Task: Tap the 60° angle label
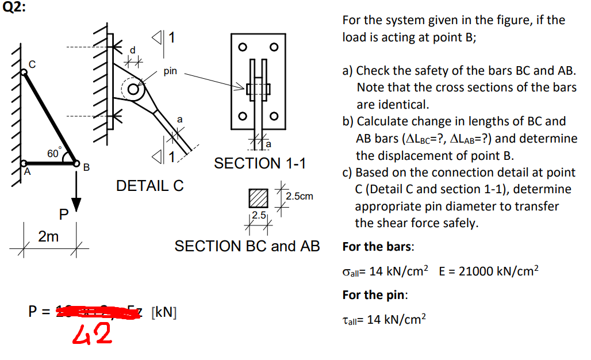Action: coord(53,152)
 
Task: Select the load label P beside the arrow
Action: coord(64,215)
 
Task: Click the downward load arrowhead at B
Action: coord(76,205)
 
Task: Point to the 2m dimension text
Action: coord(48,236)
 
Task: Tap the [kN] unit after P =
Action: coord(163,313)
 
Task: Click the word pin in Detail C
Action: coord(170,72)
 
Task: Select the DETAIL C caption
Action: coord(150,186)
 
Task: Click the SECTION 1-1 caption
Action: coord(260,163)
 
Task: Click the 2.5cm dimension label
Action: coord(300,196)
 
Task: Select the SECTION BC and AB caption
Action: coord(247,246)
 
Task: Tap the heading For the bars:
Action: coord(377,247)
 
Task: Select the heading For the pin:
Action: coord(375,295)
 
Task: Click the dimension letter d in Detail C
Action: coord(133,49)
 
